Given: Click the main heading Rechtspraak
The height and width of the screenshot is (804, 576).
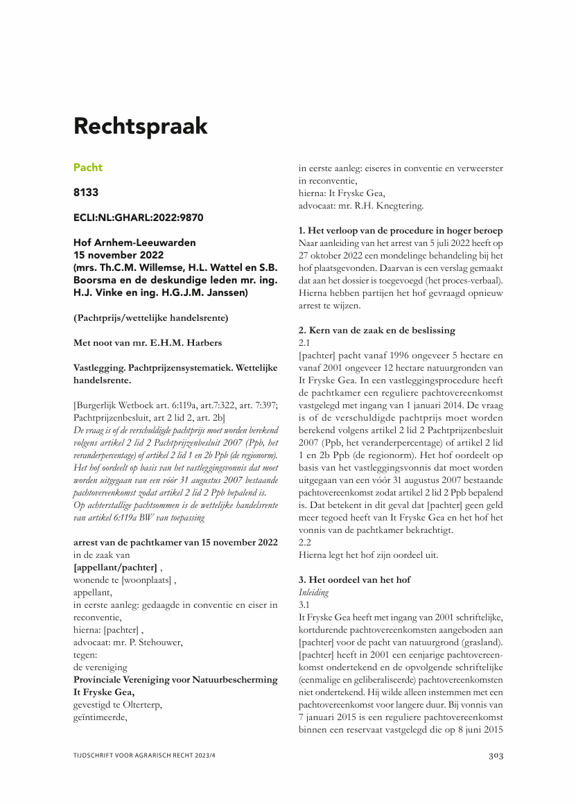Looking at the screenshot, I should pyautogui.click(x=141, y=127).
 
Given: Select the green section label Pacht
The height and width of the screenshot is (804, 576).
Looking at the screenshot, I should pyautogui.click(x=88, y=168).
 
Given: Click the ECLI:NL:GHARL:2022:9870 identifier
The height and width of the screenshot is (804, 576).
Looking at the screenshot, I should pyautogui.click(x=139, y=218).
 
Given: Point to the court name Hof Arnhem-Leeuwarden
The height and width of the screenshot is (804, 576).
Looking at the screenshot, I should pyautogui.click(x=134, y=243).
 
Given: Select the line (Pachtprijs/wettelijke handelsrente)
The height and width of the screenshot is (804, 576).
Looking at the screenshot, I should pyautogui.click(x=151, y=318).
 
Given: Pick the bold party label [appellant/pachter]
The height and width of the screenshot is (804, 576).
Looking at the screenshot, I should pyautogui.click(x=115, y=566).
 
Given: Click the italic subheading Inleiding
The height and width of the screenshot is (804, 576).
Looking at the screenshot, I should pyautogui.click(x=314, y=592).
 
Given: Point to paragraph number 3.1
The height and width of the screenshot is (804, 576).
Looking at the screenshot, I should pyautogui.click(x=305, y=604).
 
